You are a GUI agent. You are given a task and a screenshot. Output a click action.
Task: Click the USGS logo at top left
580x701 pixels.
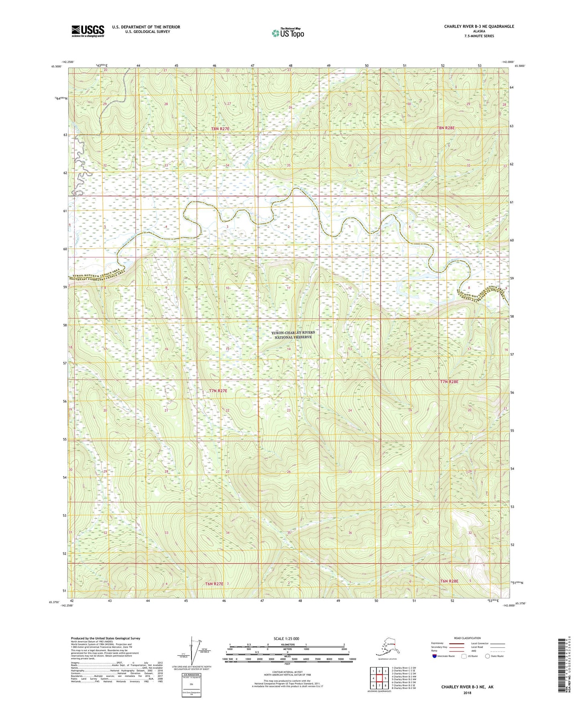(x=88, y=31)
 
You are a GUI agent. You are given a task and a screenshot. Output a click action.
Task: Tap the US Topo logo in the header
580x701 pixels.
(x=287, y=33)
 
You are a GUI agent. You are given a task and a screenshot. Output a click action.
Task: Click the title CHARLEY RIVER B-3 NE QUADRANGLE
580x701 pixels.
(x=479, y=26)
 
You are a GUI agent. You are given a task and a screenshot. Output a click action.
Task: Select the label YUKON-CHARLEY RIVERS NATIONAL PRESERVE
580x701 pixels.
(x=293, y=335)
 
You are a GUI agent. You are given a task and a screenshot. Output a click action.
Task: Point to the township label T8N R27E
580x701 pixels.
(x=220, y=129)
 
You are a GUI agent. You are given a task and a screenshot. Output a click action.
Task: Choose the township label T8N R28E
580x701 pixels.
(x=446, y=128)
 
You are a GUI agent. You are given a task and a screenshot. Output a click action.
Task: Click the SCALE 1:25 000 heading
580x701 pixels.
(x=286, y=638)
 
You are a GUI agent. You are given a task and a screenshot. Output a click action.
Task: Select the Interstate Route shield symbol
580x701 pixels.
(x=435, y=656)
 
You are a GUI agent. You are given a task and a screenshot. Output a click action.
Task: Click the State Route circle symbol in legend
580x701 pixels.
(x=488, y=656)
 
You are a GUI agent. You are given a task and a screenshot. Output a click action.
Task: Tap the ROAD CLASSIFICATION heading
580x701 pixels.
(x=467, y=638)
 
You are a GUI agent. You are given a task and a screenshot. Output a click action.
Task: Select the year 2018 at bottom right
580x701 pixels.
(x=467, y=693)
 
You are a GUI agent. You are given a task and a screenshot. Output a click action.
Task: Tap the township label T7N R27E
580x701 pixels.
(x=218, y=391)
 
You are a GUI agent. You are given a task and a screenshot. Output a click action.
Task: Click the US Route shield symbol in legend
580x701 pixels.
(x=464, y=656)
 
